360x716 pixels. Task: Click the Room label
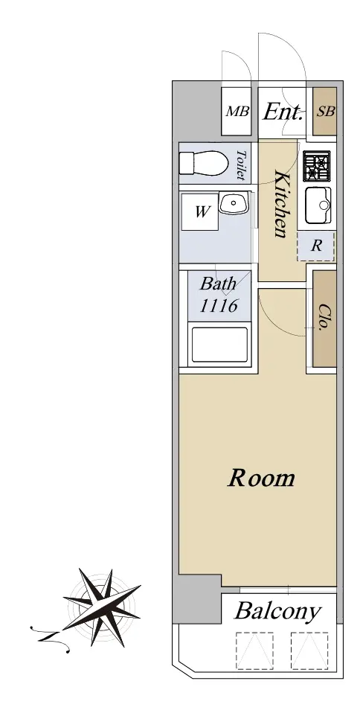coord(261,478)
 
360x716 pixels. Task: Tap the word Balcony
coord(278,612)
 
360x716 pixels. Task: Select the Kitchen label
coord(281,204)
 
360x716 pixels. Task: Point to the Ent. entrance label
coord(283,112)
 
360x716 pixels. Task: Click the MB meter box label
coord(238,112)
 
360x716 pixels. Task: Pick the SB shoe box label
coord(326,112)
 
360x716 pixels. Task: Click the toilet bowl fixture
coord(204,163)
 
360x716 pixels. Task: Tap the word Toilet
coord(242,165)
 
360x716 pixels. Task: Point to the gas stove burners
coord(317,166)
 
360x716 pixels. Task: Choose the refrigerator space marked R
coord(315,246)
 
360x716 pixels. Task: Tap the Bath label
coord(218,284)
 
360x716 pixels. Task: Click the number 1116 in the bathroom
coord(219,305)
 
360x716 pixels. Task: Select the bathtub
coord(219,345)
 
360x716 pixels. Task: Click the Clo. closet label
coord(324,317)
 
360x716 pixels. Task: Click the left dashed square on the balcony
coord(254,651)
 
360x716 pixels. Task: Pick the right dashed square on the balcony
coord(309,651)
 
